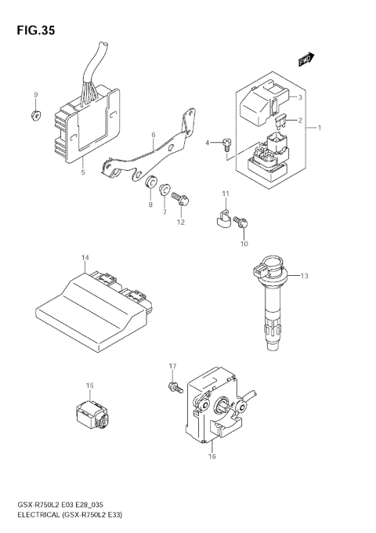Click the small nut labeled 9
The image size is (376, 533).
coord(34,116)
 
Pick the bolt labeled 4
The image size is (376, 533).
coord(226,144)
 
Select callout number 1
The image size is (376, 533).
coord(319,126)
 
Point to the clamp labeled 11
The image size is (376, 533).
coord(222,220)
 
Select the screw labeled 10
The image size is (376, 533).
coord(243,223)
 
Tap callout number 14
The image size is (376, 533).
coord(85,258)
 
